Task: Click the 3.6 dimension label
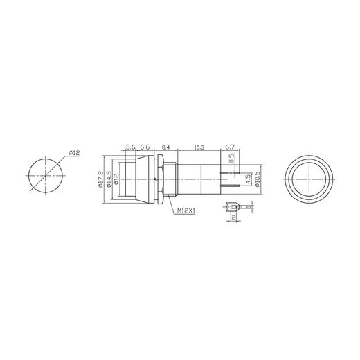130,147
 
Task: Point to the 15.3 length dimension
199,147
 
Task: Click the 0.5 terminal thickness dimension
232,159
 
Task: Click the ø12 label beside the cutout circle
75,154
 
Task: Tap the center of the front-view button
309,182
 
